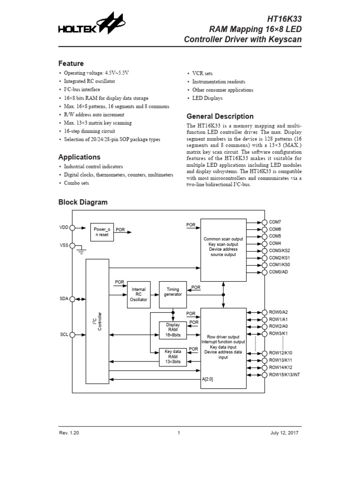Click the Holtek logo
[92, 23]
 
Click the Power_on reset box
[102, 232]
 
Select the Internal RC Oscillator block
[139, 294]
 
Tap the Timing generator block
[173, 294]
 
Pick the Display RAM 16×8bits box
[173, 330]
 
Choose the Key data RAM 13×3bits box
[173, 357]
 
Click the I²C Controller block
[97, 322]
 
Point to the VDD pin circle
[72, 228]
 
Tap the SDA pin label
[64, 299]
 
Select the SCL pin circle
[72, 335]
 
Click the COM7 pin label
[275, 222]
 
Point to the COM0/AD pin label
[278, 272]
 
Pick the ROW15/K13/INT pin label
[285, 375]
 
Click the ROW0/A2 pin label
[278, 312]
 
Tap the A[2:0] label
[207, 379]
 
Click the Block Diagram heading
[83, 202]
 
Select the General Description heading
[220, 116]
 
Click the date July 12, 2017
[284, 433]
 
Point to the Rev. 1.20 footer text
[69, 433]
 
